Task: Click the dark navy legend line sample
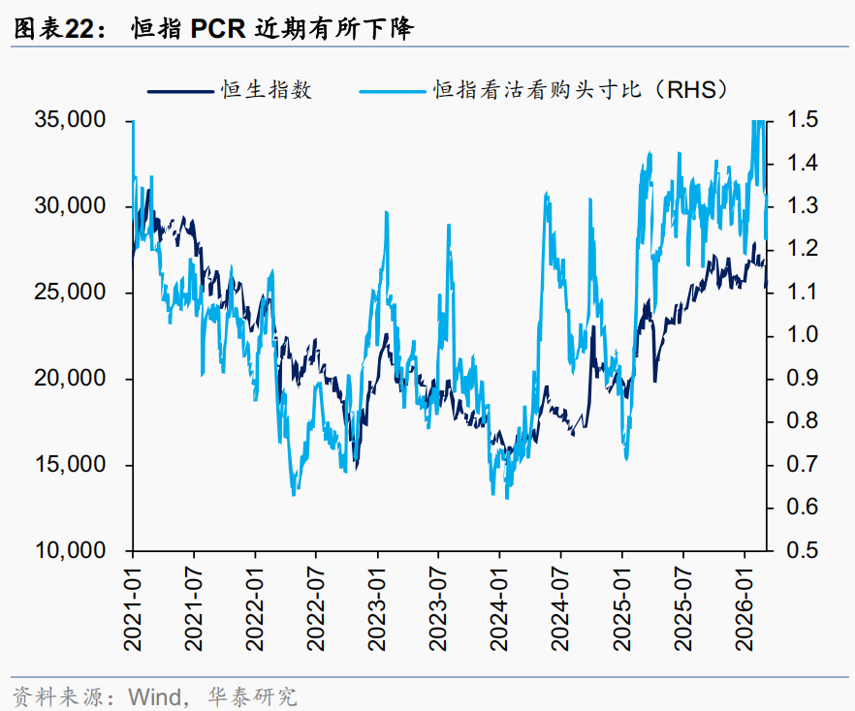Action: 180,91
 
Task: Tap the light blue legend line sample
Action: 394,91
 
